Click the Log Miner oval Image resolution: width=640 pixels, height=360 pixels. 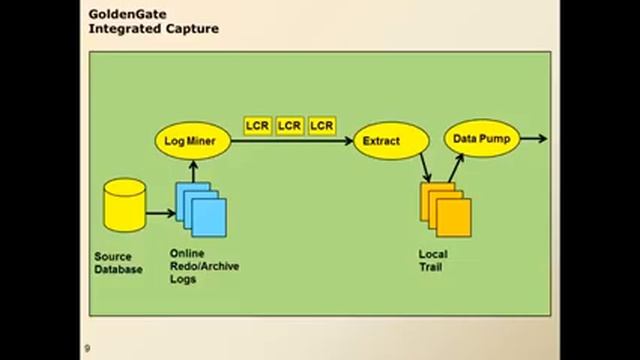point(192,141)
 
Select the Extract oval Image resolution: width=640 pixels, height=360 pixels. point(381,141)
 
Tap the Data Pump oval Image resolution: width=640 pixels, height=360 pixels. point(482,139)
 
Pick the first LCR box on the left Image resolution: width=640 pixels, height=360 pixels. point(257,126)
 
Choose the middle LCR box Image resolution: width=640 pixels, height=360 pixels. point(289,126)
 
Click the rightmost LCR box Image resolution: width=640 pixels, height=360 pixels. point(321,126)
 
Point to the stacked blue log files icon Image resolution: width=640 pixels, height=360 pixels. point(202,210)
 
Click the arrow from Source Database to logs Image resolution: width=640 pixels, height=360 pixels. point(159,212)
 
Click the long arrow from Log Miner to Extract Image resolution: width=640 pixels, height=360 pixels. point(290,141)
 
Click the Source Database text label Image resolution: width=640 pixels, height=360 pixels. point(118,263)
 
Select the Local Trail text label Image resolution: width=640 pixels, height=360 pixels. point(432,260)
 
